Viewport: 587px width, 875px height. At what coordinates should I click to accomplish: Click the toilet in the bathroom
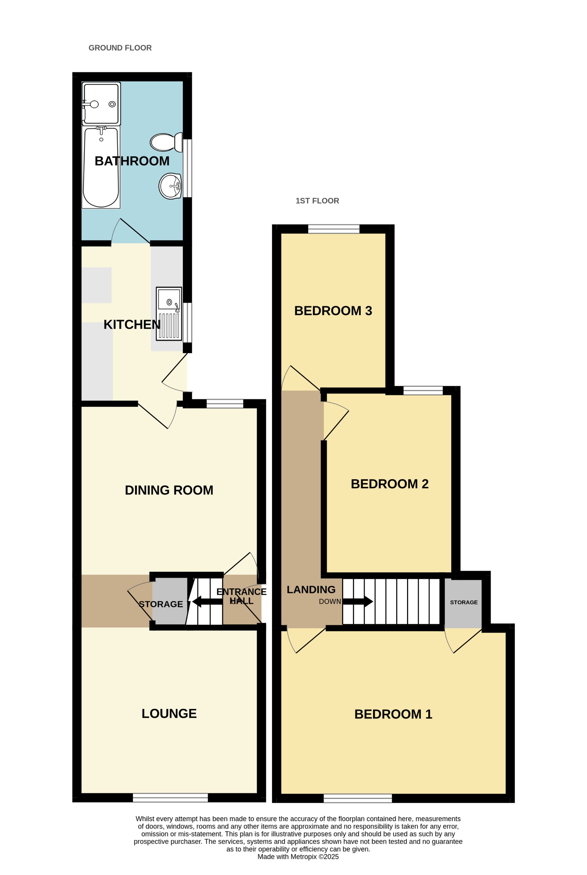tap(166, 142)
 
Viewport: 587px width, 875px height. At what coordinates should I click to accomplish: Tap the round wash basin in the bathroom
tap(170, 186)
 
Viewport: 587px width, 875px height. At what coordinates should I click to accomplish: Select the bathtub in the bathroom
tap(101, 167)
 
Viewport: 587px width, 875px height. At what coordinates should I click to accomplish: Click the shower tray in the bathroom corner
tap(101, 104)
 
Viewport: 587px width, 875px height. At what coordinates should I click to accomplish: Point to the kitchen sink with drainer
tap(169, 314)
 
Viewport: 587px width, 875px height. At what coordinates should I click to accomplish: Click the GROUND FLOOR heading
tap(120, 48)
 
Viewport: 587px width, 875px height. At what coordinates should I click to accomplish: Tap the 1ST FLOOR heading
tap(317, 201)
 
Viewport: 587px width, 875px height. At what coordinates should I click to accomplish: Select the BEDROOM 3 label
tap(333, 311)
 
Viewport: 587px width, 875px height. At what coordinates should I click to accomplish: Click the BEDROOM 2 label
tap(389, 484)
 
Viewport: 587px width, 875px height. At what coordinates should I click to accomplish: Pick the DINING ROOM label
tap(169, 490)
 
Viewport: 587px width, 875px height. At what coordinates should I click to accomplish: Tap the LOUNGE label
tap(169, 713)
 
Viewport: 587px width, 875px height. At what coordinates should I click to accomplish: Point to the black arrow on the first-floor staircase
tap(358, 601)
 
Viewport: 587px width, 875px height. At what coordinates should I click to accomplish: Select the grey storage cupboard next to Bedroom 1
tap(463, 602)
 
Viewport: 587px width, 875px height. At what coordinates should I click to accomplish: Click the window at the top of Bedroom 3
tap(333, 229)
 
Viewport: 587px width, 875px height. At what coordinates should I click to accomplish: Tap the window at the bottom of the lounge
tap(170, 798)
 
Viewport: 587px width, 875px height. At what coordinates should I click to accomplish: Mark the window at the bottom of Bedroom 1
tap(357, 798)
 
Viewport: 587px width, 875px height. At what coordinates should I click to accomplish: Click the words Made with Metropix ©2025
tap(298, 857)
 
